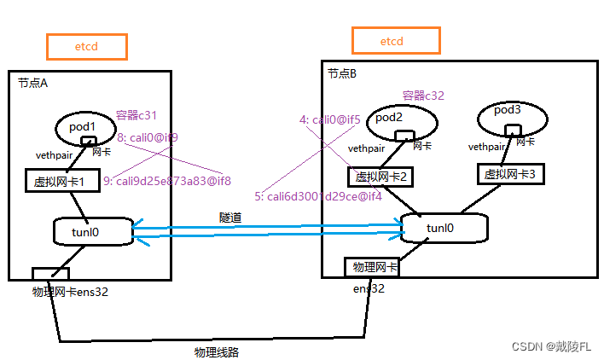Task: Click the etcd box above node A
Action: tap(86, 46)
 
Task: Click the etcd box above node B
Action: tap(396, 40)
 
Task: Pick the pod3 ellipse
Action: tap(511, 118)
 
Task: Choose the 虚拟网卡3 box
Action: tap(509, 174)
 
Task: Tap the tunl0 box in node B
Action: tap(444, 228)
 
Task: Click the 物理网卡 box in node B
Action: tap(371, 267)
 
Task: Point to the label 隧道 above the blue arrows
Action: tap(230, 218)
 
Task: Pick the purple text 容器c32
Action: tap(424, 96)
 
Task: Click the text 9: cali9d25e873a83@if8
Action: tap(167, 181)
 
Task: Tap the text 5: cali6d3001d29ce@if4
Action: tap(317, 196)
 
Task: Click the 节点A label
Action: tap(34, 83)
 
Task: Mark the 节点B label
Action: tap(344, 74)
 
